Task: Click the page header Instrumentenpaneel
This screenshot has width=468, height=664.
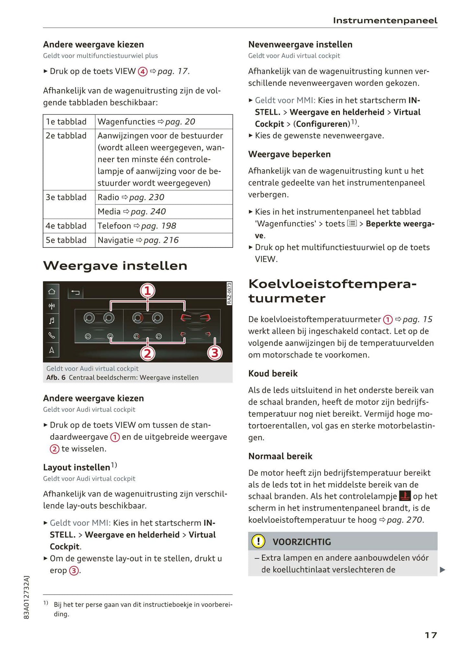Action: coord(385,21)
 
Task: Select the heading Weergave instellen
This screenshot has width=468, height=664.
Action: coord(115,266)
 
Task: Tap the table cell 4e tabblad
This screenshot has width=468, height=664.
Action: coord(66,226)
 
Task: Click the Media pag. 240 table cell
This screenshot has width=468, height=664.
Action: coord(164,212)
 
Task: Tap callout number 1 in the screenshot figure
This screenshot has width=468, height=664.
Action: coord(147,291)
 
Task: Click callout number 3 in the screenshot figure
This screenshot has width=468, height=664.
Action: coord(215,353)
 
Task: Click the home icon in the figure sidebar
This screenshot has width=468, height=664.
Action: coord(51,291)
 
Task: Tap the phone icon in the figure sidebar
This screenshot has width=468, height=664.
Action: coord(51,335)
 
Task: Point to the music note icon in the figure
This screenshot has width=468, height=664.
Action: coord(51,321)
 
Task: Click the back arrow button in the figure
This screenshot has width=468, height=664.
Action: coord(75,293)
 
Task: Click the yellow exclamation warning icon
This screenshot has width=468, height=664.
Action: coord(258,541)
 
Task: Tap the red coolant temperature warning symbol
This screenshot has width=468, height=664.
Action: coord(405,496)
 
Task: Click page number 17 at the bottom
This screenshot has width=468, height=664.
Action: coord(430,635)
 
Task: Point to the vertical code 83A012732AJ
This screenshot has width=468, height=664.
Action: coord(27,597)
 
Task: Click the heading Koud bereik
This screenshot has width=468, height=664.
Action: coord(273,373)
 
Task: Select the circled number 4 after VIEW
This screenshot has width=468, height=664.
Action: coord(143,72)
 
